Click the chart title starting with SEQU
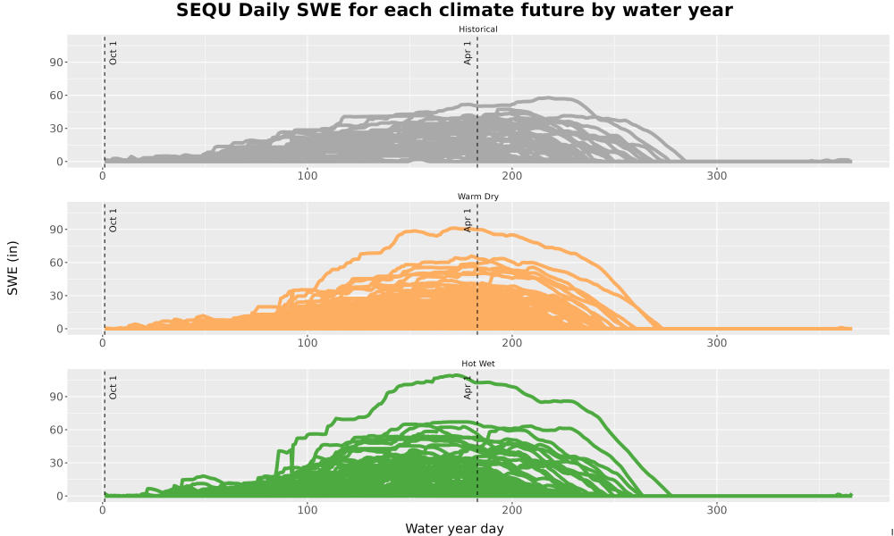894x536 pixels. coord(454,10)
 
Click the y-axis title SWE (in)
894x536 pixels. coord(13,268)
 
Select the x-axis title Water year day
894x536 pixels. coord(454,529)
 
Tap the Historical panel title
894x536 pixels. coord(477,29)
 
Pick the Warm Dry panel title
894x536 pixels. coord(477,197)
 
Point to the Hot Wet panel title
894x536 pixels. coord(477,364)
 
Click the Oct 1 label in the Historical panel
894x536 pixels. coord(113,53)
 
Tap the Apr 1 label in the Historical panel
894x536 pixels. coord(468,53)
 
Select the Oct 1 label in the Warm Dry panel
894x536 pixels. coord(113,221)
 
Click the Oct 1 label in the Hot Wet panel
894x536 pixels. coord(113,388)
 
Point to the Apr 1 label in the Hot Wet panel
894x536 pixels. coord(468,388)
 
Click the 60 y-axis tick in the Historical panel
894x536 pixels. coord(55,95)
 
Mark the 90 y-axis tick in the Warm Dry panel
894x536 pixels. coord(55,230)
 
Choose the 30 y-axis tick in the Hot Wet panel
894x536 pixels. coord(55,463)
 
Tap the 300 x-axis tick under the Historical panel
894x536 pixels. coord(717,176)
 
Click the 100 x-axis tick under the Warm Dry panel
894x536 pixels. coord(308,343)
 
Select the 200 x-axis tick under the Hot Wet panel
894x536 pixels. coord(512,510)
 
